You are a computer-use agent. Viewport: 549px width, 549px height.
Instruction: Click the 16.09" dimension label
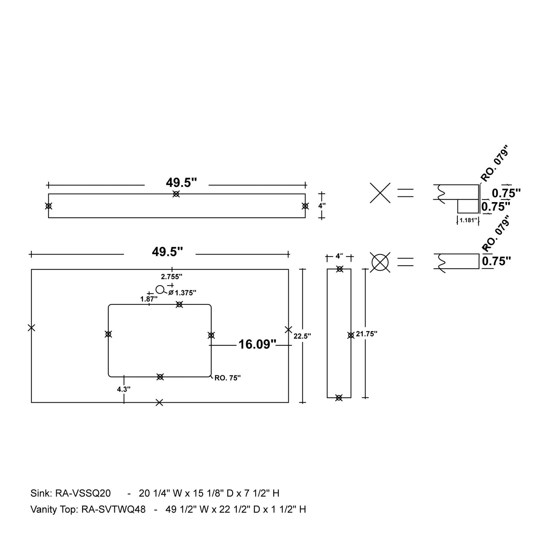[x=257, y=344]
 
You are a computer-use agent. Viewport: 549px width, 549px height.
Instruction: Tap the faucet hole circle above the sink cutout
[x=160, y=290]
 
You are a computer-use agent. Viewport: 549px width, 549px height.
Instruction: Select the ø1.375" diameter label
[x=183, y=293]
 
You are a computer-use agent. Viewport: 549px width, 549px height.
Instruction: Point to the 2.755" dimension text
[x=172, y=277]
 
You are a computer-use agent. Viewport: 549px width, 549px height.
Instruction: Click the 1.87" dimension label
[x=149, y=299]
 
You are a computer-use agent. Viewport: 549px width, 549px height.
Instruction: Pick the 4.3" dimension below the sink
[x=124, y=389]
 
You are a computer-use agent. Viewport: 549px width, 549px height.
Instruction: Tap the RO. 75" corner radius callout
[x=228, y=378]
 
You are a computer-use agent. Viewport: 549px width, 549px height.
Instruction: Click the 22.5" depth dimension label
[x=302, y=336]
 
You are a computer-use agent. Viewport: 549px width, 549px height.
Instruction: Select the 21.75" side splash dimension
[x=367, y=334]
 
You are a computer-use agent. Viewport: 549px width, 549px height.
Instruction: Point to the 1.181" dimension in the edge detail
[x=468, y=220]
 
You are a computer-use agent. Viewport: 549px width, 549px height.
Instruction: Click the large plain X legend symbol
[x=380, y=193]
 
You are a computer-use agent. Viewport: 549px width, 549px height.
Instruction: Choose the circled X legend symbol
[x=380, y=262]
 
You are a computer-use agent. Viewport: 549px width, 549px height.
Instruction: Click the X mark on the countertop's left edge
[x=32, y=328]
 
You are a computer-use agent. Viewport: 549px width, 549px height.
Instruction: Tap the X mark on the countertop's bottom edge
[x=160, y=402]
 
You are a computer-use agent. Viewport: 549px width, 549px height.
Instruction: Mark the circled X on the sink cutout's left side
[x=108, y=334]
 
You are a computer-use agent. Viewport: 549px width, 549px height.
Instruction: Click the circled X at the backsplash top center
[x=176, y=194]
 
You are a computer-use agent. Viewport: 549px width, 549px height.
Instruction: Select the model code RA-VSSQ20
[x=83, y=493]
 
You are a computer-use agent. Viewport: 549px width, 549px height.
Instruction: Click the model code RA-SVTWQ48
[x=114, y=509]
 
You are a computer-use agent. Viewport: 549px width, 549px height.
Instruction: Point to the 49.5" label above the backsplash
[x=181, y=183]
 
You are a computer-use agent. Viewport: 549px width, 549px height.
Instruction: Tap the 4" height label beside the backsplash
[x=322, y=206]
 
